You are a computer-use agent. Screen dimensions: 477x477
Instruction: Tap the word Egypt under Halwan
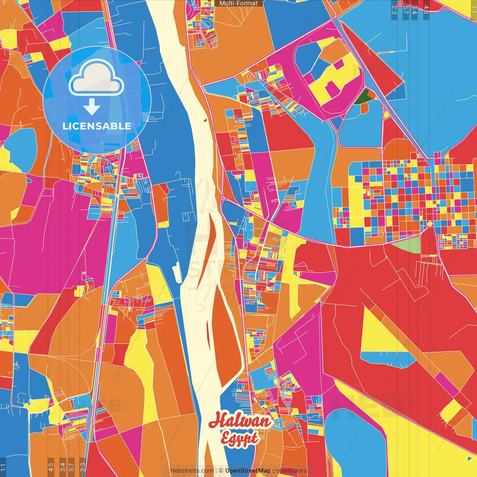[239, 438]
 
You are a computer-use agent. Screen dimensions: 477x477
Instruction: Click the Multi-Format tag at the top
[238, 3]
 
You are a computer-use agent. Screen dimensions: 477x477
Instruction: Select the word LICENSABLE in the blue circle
[97, 126]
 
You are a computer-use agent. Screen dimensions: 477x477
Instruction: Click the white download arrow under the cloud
[92, 107]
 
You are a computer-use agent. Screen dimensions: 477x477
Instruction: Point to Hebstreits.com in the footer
[192, 471]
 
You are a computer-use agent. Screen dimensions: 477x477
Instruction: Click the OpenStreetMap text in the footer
[247, 471]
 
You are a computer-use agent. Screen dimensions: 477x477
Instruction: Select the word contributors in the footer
[289, 471]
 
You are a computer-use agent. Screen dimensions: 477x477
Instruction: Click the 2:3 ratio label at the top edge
[394, 10]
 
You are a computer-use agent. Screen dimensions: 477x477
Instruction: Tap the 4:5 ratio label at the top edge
[426, 10]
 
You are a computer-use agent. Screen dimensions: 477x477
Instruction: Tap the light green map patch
[407, 244]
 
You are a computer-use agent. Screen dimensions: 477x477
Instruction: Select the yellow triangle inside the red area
[376, 334]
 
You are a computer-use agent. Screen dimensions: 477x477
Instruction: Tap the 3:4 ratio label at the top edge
[414, 10]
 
